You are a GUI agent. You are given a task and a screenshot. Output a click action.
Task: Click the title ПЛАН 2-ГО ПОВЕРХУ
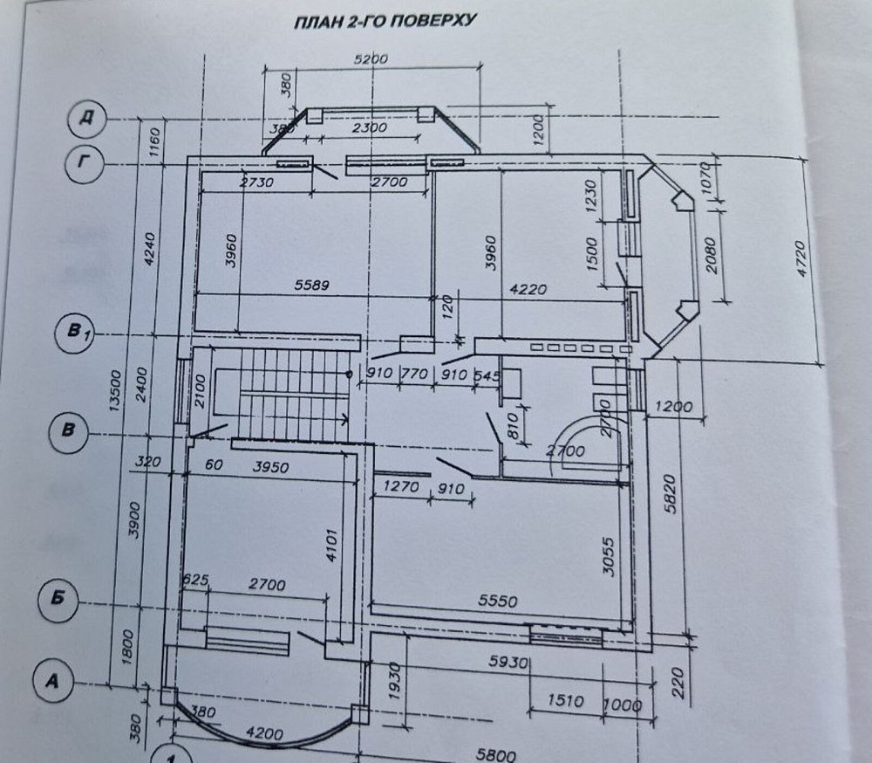pyautogui.click(x=385, y=22)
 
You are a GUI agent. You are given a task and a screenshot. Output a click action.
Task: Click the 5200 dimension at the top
pyautogui.click(x=370, y=58)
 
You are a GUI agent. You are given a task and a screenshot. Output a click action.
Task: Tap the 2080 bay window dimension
pyautogui.click(x=712, y=255)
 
